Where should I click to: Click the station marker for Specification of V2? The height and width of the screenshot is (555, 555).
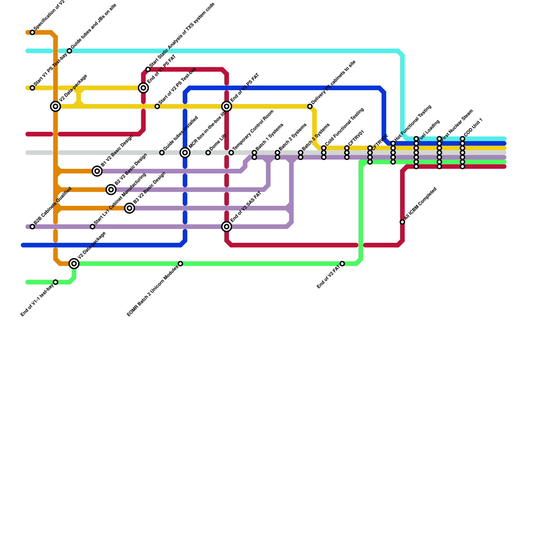[32, 33]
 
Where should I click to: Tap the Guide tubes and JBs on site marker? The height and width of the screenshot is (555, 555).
[69, 51]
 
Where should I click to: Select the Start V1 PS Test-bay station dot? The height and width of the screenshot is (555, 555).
[32, 88]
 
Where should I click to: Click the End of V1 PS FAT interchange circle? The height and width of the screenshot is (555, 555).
[144, 88]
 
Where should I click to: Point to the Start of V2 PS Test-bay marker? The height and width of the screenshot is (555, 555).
[157, 106]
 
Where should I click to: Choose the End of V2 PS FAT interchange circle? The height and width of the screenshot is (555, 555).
[227, 106]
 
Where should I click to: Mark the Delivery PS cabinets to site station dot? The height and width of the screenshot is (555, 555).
[310, 106]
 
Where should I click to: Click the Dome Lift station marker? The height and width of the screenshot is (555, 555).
[208, 153]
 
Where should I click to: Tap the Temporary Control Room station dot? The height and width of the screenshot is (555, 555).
[231, 153]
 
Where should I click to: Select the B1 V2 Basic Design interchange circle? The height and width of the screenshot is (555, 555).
[97, 171]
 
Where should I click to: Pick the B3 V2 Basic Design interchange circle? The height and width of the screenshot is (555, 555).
[129, 208]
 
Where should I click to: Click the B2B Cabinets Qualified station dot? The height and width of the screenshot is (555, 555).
[32, 227]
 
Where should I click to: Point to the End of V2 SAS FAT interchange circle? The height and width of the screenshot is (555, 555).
[227, 227]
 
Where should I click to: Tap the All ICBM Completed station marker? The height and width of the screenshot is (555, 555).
[402, 222]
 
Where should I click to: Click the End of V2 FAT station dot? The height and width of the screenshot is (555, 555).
[342, 264]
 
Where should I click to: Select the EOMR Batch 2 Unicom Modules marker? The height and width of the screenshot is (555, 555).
[180, 264]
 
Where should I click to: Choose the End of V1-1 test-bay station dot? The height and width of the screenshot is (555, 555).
[55, 282]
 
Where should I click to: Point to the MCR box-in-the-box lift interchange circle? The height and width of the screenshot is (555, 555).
[185, 153]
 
